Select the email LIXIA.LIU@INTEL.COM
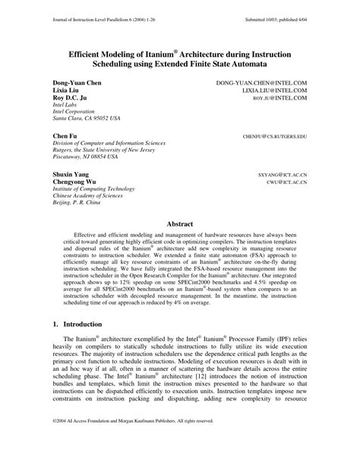[x=274, y=89]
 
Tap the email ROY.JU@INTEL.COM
[x=279, y=98]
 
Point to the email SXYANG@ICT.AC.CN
[x=282, y=174]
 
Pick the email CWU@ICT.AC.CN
[x=286, y=183]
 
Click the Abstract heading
[x=180, y=224]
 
